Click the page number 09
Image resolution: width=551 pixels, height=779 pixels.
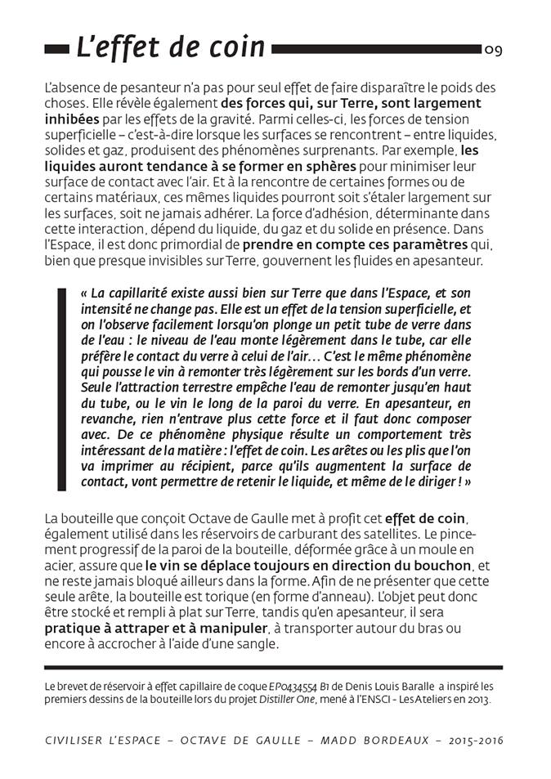tap(493, 50)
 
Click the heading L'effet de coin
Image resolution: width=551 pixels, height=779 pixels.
tap(170, 47)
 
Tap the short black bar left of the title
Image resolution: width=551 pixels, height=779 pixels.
tap(56, 49)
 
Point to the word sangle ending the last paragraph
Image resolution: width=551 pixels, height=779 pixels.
tap(258, 643)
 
